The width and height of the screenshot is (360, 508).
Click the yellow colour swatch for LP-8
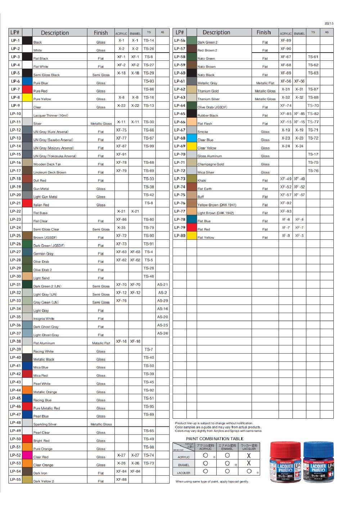(27, 98)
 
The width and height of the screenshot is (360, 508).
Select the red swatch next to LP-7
(27, 89)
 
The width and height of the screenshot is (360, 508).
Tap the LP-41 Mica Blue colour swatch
(27, 366)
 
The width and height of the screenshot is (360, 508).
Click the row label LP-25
(15, 235)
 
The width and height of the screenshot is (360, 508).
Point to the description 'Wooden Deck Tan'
(47, 164)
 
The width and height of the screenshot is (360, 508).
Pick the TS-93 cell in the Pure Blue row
(149, 81)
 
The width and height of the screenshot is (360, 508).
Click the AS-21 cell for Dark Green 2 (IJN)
(162, 284)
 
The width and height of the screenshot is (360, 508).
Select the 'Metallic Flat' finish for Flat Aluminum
(101, 343)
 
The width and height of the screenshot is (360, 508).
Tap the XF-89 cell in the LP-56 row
(286, 41)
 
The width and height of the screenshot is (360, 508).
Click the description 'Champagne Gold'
(211, 164)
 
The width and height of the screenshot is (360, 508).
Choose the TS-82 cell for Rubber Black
(313, 114)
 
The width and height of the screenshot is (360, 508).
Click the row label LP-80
(180, 235)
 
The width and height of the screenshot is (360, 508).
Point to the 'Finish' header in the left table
(101, 33)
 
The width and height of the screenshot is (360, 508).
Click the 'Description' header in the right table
(216, 32)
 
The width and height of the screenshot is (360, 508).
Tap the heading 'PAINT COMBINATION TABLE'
(215, 439)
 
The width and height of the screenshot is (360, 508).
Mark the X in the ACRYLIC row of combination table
(248, 456)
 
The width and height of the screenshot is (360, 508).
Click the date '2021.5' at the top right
(329, 23)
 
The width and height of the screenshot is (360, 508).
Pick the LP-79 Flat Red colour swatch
(192, 228)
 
